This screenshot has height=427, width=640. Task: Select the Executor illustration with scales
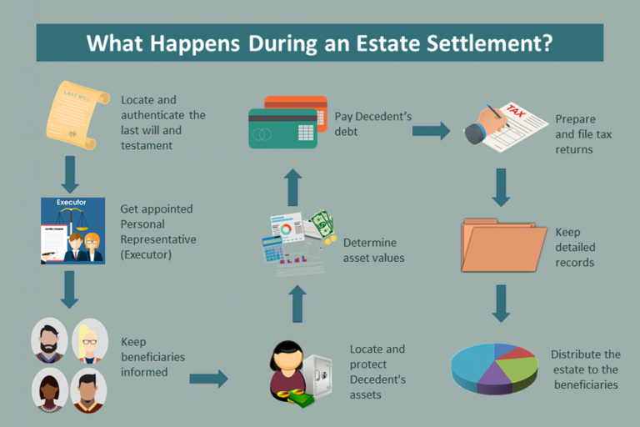pos(72,230)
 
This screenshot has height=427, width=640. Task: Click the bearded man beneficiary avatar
pos(48,339)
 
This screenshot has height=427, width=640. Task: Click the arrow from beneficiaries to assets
pos(208,379)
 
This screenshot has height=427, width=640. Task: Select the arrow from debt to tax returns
pos(431,130)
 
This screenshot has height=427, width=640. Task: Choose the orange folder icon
pos(502,246)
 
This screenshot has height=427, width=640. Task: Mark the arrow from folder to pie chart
pos(500,304)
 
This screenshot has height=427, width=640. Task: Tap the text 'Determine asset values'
pos(373,250)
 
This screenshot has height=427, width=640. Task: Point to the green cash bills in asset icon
pos(322,223)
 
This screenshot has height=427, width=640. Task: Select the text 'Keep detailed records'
pos(574,247)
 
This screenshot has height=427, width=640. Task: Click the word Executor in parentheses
pos(146,254)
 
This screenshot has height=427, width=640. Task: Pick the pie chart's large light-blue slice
pos(475,364)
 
